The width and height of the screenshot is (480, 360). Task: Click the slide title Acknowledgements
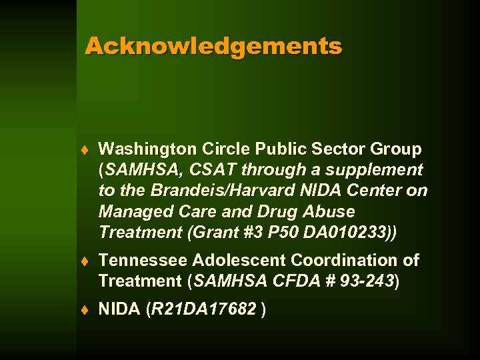213,47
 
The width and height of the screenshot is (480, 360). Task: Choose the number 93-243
365,281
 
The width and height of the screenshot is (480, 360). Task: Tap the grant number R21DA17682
203,309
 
